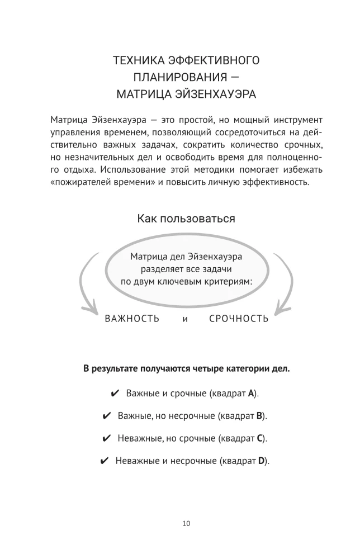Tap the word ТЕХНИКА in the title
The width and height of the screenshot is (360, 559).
click(136, 60)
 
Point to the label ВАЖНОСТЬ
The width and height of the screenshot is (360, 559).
click(132, 319)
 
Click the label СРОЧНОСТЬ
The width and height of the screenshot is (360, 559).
click(239, 319)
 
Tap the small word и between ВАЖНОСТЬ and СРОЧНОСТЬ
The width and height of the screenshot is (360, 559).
click(184, 319)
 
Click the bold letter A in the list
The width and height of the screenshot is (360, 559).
click(252, 393)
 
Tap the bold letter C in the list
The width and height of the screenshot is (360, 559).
click(260, 438)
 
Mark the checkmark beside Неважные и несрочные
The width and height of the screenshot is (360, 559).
click(103, 461)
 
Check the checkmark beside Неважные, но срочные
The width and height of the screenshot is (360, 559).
click(107, 438)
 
